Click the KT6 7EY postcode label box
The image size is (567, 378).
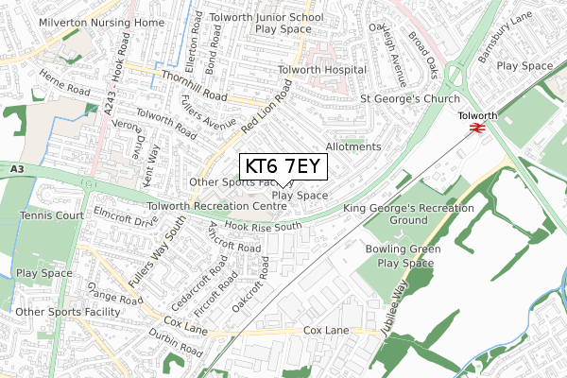click(283, 167)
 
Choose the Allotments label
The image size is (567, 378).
click(352, 147)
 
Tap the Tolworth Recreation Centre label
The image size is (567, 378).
click(216, 205)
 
